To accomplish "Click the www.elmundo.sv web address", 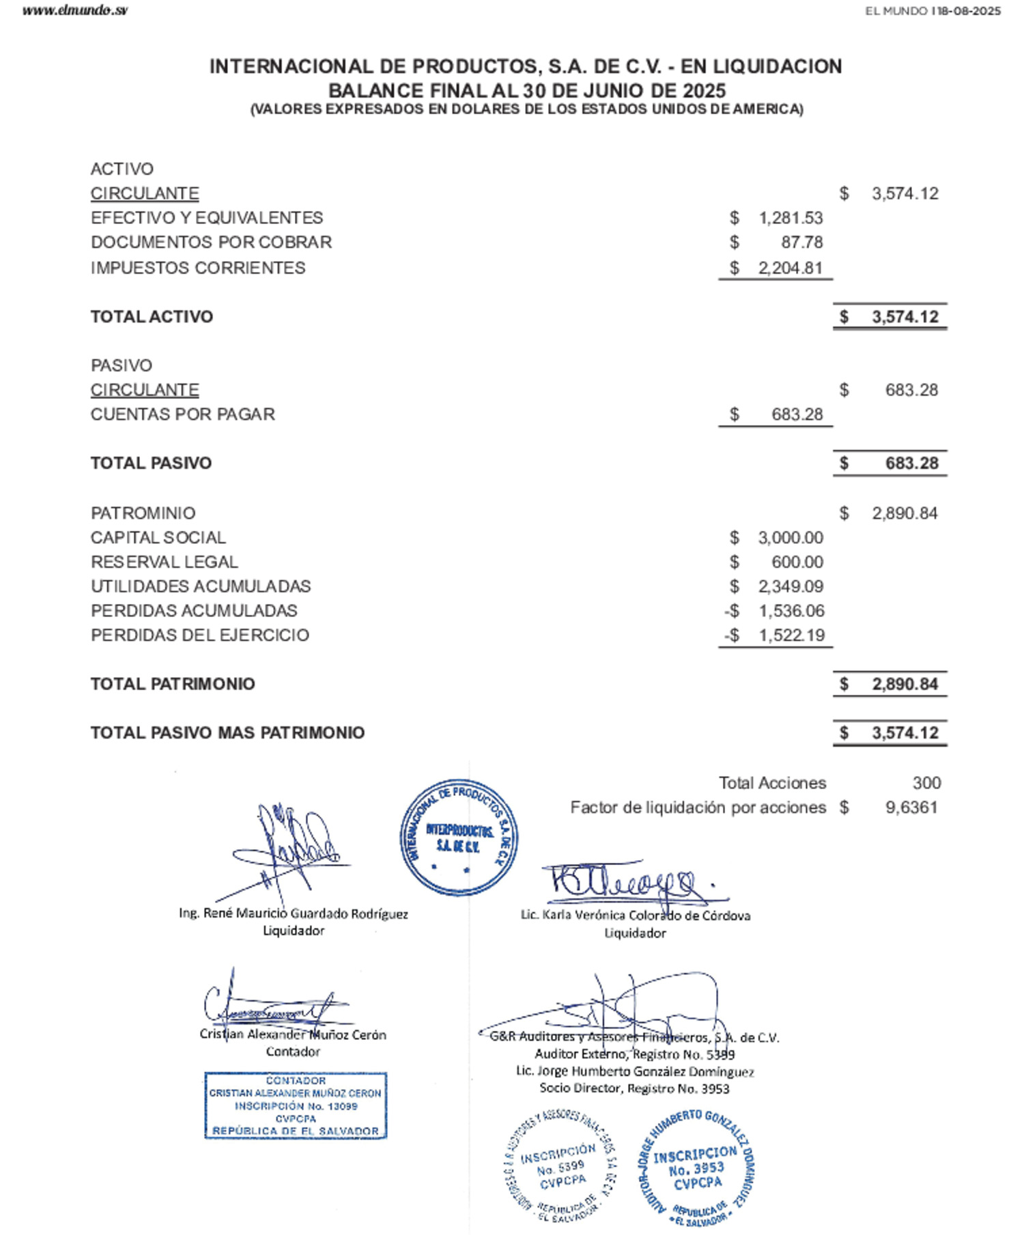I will coord(74,10).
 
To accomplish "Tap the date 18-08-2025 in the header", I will coord(969,11).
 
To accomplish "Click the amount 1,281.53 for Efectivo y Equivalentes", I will coord(791,218).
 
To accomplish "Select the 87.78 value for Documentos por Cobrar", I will coord(801,243).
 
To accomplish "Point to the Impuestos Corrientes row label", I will coord(198,268).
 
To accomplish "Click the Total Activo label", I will coord(152,317).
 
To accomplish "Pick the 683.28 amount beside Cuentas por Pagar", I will coord(797,415).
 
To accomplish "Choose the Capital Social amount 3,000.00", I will coord(791,538).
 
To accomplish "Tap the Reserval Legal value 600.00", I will coord(797,562).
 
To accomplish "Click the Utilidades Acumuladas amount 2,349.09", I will coord(791,587).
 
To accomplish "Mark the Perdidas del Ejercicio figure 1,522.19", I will coord(791,635).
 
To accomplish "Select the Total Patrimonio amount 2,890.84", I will coord(905,685).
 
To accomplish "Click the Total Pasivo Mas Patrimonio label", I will coord(227,733).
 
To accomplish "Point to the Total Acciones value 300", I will coord(926,783).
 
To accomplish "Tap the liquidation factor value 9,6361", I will coord(911,808).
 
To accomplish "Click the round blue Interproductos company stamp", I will coord(458,838).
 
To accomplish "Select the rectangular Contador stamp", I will coord(296,1105).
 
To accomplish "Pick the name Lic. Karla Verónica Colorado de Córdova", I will coord(635,915).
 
